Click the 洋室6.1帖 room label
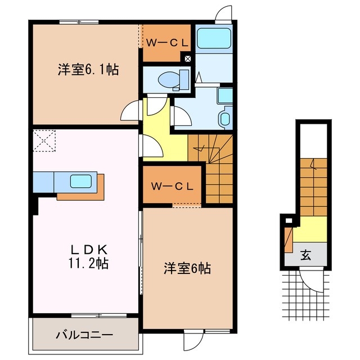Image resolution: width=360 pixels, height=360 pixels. click(87, 70)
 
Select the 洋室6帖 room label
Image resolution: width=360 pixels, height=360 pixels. click(187, 268)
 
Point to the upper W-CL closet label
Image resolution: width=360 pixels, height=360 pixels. click(167, 42)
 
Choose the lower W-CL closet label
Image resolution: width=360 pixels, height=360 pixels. click(172, 186)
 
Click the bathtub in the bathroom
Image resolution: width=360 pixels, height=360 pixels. click(214, 38)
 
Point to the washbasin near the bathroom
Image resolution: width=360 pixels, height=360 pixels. click(224, 118)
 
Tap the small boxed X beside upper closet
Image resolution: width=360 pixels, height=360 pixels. click(188, 57)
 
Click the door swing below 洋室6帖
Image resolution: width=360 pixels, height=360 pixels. click(195, 339)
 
